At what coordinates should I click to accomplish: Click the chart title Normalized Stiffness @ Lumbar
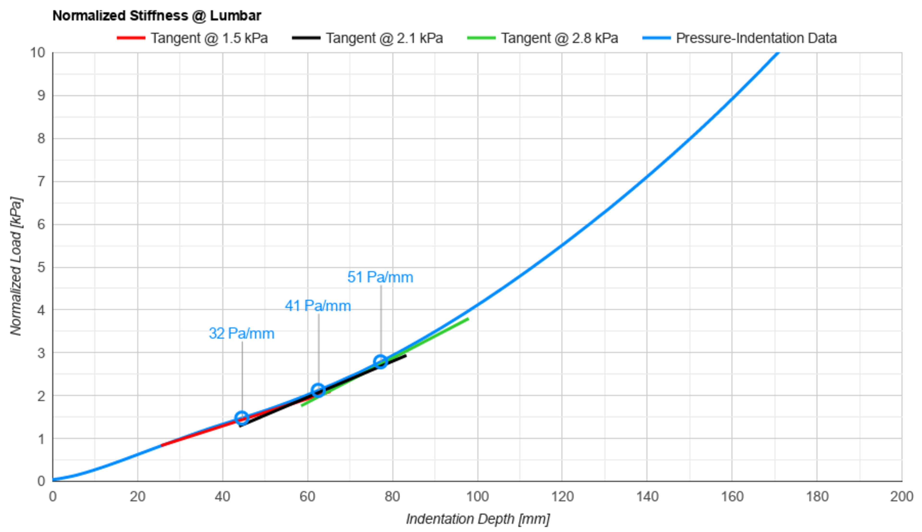point(157,16)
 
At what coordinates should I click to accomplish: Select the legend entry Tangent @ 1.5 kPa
point(209,38)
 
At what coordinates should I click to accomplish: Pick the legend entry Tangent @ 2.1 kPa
point(384,38)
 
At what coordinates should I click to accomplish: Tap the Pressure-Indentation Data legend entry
point(756,38)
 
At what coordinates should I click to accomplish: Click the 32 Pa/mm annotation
point(242,333)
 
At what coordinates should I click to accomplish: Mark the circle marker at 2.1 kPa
point(318,391)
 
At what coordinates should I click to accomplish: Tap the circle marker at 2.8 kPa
point(381,362)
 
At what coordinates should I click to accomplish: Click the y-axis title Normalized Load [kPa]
point(16,266)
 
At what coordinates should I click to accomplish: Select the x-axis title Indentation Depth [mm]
point(478,519)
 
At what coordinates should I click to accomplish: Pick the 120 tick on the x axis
point(562,497)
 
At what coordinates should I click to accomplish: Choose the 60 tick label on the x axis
point(307,497)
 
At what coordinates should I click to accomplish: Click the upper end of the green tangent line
point(468,319)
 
